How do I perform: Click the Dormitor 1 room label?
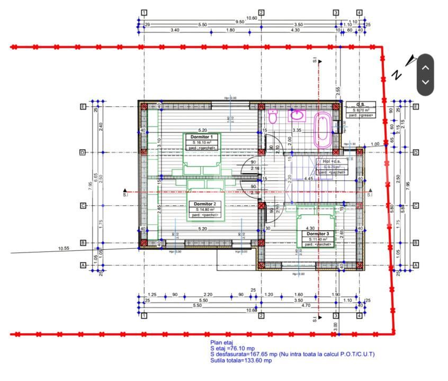[202, 138]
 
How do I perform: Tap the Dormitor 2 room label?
[204, 204]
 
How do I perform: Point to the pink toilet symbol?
[273, 117]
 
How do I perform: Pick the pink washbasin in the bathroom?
[297, 115]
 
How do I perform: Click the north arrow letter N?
[396, 75]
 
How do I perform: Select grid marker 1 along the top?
[144, 12]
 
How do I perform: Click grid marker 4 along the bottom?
[359, 316]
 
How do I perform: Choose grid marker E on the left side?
[83, 106]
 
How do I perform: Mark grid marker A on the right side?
[416, 265]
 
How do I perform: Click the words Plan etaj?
[222, 343]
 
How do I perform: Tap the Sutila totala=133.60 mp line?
[241, 361]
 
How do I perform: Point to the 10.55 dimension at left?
[64, 248]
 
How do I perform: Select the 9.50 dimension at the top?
[240, 22]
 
